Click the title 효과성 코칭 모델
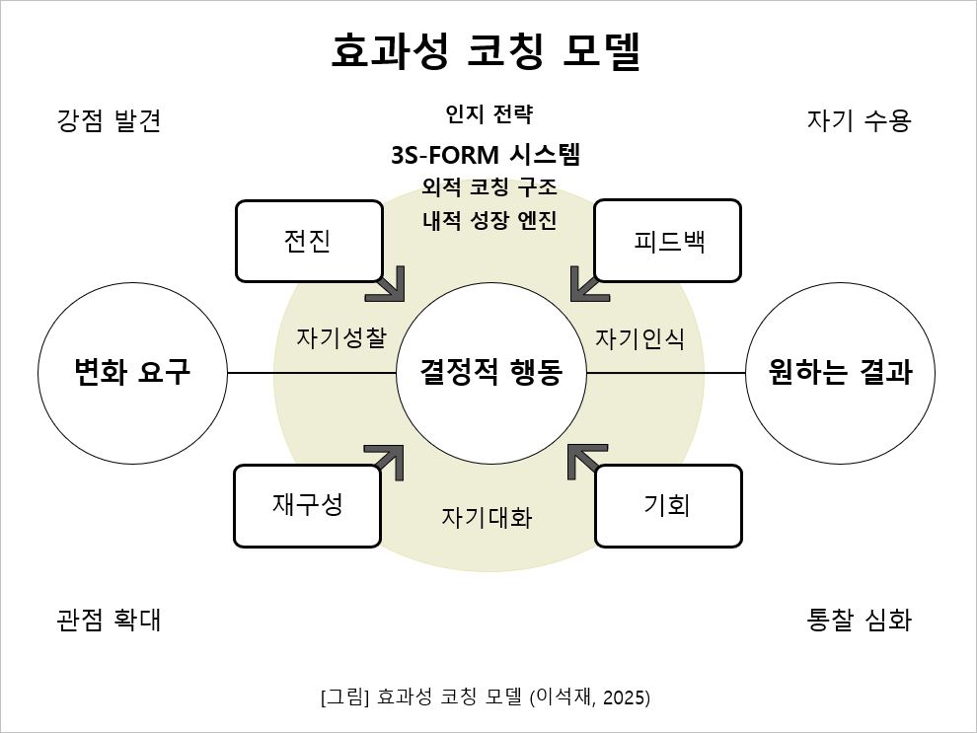pyautogui.click(x=487, y=52)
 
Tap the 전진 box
pyautogui.click(x=309, y=241)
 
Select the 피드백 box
pyautogui.click(x=668, y=241)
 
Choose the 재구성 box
pyautogui.click(x=307, y=505)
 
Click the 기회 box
pyautogui.click(x=668, y=505)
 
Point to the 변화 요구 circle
pyautogui.click(x=132, y=373)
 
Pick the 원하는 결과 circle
pyautogui.click(x=840, y=373)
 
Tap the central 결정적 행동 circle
pyautogui.click(x=490, y=373)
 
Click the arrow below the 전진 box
pyautogui.click(x=387, y=283)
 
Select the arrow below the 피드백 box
pyautogui.click(x=589, y=283)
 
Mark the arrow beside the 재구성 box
pyautogui.click(x=386, y=461)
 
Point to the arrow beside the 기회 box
pyautogui.click(x=586, y=461)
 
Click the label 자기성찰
pyautogui.click(x=341, y=337)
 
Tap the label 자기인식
pyautogui.click(x=639, y=337)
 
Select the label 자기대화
pyautogui.click(x=487, y=517)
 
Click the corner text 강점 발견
pyautogui.click(x=109, y=121)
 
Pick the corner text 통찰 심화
pyautogui.click(x=859, y=621)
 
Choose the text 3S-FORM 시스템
pyautogui.click(x=486, y=155)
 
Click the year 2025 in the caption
pyautogui.click(x=624, y=697)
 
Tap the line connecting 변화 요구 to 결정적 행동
pyautogui.click(x=311, y=373)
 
